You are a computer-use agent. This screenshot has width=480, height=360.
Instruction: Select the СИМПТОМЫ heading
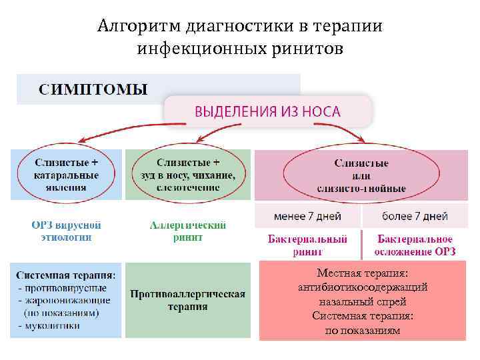click(x=93, y=89)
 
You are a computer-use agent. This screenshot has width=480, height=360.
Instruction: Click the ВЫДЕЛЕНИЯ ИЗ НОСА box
click(x=267, y=111)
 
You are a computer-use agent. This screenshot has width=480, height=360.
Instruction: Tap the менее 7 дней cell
click(x=307, y=216)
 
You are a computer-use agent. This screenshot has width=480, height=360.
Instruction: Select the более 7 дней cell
click(x=414, y=216)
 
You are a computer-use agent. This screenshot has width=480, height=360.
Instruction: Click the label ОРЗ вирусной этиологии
click(x=66, y=231)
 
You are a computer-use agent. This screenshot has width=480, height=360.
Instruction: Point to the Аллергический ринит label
click(x=187, y=231)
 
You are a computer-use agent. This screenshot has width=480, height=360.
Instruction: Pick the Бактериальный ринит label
click(x=307, y=245)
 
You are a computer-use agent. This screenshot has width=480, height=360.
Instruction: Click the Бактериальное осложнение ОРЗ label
click(x=414, y=245)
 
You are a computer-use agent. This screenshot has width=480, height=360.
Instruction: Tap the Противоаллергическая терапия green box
click(x=187, y=300)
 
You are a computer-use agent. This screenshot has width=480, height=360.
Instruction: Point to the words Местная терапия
click(x=363, y=273)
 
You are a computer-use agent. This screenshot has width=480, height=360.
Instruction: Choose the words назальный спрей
click(x=363, y=301)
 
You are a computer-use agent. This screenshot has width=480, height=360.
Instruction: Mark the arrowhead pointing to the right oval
click(x=361, y=139)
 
